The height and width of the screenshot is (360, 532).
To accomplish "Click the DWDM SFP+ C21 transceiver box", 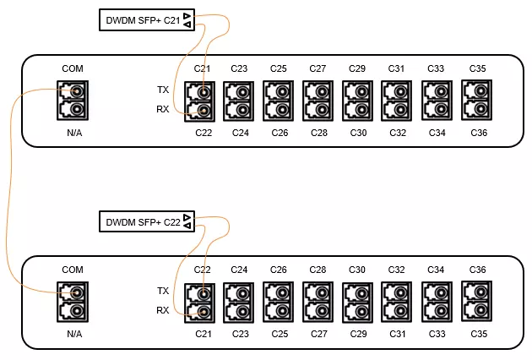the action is (147, 20).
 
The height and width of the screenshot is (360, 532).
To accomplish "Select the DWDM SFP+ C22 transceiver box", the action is (147, 221).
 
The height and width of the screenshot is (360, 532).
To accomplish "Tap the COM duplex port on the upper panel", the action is (73, 101).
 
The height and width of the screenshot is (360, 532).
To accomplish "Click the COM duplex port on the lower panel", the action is (73, 302).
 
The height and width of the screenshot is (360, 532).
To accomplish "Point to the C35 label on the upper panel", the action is (477, 68).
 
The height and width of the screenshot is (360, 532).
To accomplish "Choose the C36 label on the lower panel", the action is (477, 270).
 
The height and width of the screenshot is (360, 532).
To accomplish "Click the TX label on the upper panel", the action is (163, 90).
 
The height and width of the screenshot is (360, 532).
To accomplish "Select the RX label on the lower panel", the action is (162, 310).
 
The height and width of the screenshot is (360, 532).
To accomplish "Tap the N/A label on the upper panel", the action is (74, 133).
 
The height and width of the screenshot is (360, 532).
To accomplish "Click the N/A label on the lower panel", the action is (74, 334).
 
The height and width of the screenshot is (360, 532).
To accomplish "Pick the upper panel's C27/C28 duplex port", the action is (318, 101).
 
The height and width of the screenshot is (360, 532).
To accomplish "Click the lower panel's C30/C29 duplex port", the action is (357, 302).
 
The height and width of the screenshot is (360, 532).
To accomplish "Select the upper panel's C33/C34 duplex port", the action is (437, 101).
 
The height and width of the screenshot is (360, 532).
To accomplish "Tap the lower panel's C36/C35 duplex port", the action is (477, 302).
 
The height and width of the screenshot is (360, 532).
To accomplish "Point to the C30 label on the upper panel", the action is (358, 133).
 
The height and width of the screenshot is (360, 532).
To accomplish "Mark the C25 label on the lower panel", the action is (280, 334).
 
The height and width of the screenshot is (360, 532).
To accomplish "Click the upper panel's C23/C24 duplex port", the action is (238, 101).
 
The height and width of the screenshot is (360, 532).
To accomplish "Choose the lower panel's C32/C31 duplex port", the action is (397, 302).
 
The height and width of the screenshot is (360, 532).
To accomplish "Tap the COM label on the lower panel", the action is (73, 270).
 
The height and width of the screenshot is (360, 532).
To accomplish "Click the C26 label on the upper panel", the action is (280, 133).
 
